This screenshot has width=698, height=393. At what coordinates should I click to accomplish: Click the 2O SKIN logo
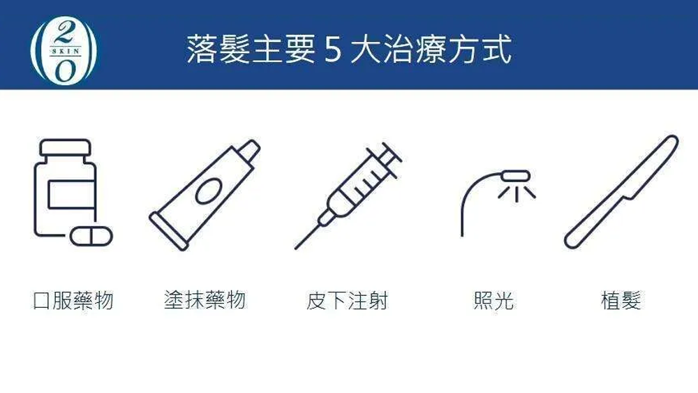(64, 50)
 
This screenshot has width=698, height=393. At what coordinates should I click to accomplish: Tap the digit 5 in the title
(333, 49)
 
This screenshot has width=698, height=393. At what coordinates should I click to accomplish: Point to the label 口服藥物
(73, 300)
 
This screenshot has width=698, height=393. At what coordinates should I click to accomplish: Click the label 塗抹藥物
(205, 299)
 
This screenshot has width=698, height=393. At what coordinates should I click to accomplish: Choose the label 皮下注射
(347, 300)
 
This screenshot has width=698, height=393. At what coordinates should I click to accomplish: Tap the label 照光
(493, 300)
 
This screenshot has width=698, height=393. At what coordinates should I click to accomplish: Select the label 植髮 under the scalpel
(621, 300)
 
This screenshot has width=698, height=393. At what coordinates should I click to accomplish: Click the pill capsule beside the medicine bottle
(91, 236)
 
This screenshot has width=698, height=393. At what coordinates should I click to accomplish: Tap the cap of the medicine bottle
(66, 148)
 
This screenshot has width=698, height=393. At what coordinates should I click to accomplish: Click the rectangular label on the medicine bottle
(71, 195)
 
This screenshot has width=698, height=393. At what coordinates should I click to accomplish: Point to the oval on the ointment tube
(208, 191)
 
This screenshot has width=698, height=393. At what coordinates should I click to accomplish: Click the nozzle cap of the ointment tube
(248, 151)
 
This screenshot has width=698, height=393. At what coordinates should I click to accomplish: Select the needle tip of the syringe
(295, 249)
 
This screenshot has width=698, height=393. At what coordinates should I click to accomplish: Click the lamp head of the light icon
(516, 176)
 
